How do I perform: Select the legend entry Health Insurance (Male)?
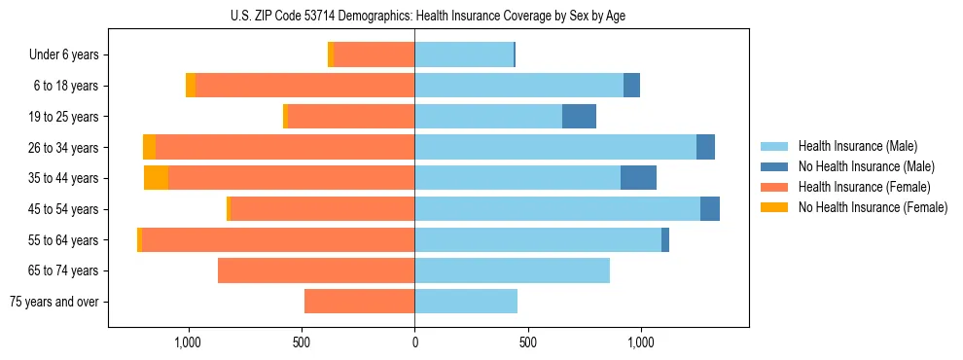point(852,146)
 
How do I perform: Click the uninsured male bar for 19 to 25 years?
point(579,117)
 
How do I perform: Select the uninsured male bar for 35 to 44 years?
point(638,178)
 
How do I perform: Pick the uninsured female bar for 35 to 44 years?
point(156,178)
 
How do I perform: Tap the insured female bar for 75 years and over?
point(360,302)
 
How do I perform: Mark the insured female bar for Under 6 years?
point(374,55)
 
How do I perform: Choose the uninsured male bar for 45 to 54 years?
point(710,209)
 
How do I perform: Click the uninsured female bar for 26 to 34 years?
point(149,148)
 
